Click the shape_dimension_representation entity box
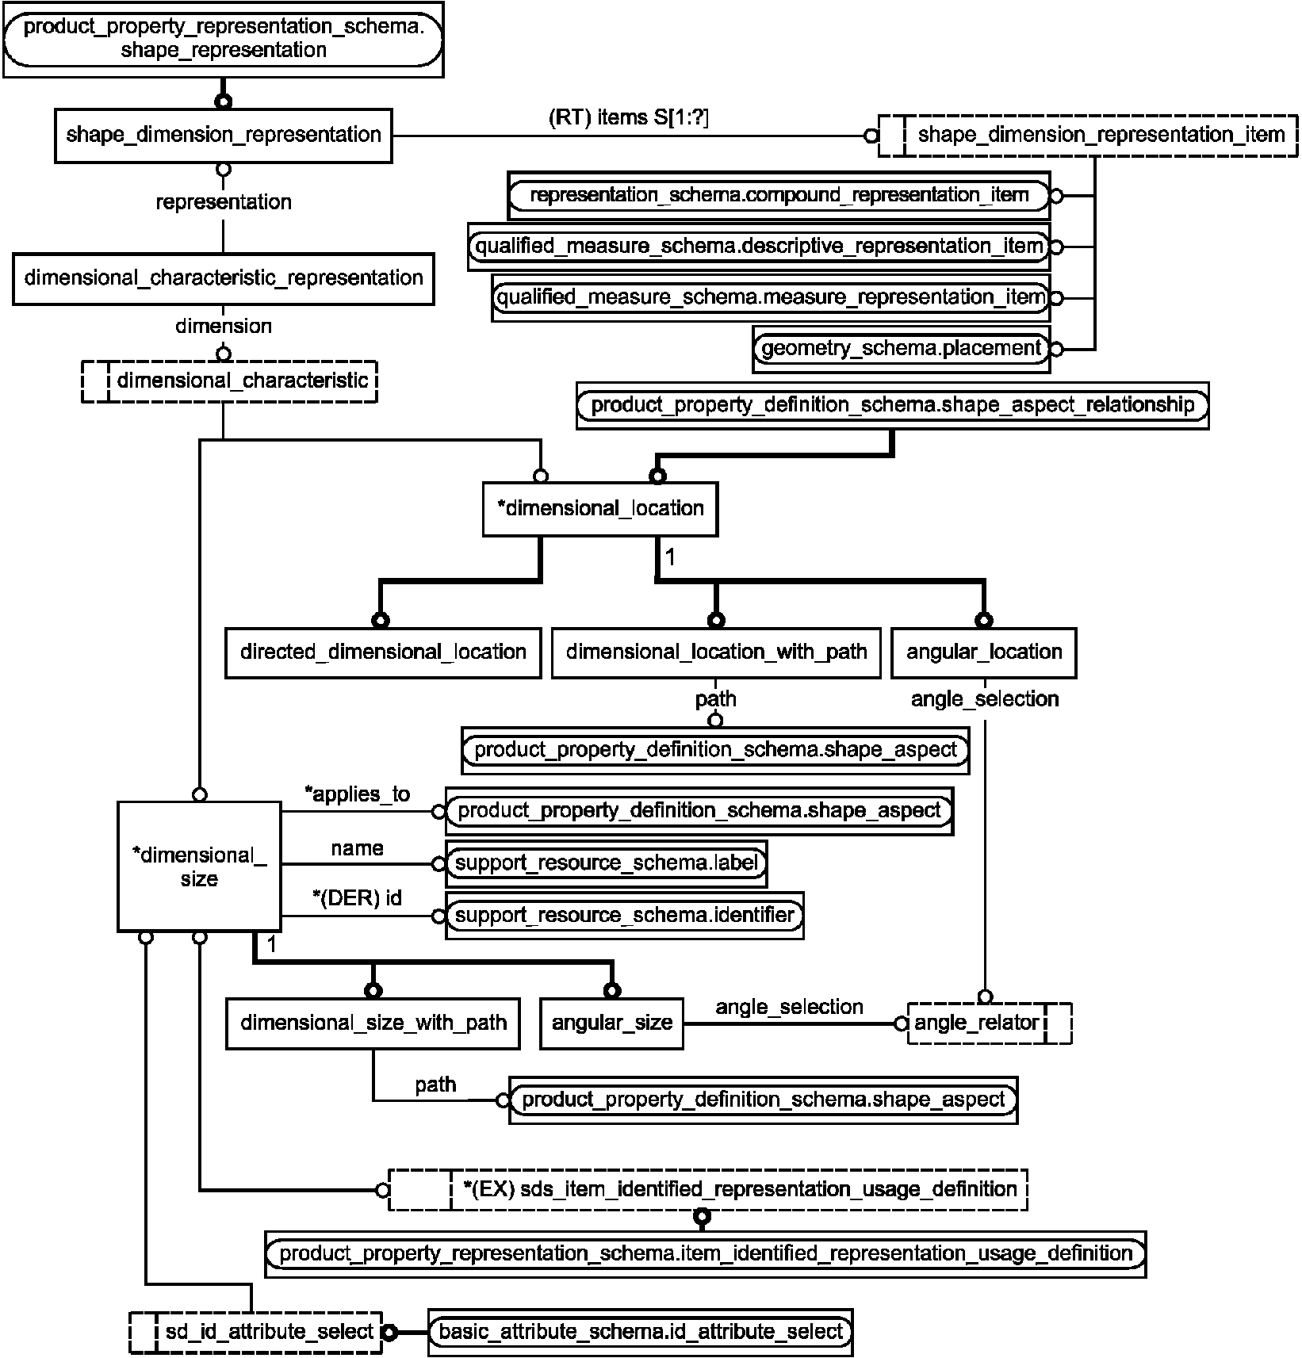223,136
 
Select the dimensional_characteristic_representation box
223,278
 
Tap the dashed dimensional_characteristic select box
229,381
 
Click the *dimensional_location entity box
600,509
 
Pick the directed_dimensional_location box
383,653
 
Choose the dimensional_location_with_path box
716,653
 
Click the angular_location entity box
984,653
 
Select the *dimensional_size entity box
199,866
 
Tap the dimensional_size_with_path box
373,1023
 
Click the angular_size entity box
611,1023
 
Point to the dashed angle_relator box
990,1023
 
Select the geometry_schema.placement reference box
901,349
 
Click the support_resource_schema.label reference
607,864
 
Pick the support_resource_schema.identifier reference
625,916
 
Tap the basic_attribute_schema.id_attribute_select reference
641,1332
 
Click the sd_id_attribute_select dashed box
255,1332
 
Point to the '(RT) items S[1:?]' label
629,118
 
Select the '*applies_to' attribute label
358,794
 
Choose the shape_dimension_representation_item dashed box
1088,136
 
